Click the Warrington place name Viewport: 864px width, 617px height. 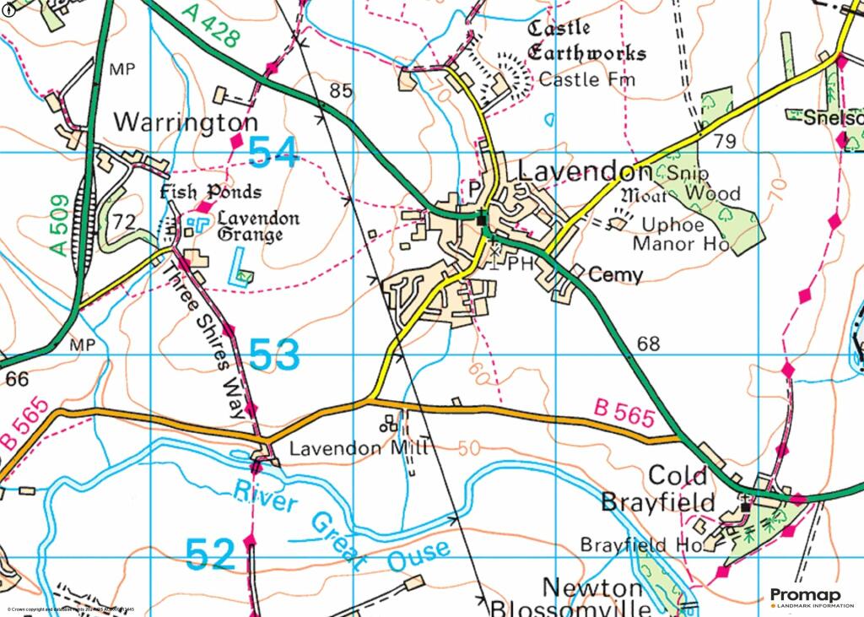pyautogui.click(x=186, y=122)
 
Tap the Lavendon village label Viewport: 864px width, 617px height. pyautogui.click(x=585, y=171)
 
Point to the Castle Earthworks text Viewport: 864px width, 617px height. pyautogui.click(x=586, y=41)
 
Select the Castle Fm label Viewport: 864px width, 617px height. pyautogui.click(x=586, y=80)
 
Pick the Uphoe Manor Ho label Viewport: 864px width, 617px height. pyautogui.click(x=683, y=235)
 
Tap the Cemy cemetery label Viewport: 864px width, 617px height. pyautogui.click(x=615, y=275)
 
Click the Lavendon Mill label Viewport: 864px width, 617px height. pyautogui.click(x=359, y=449)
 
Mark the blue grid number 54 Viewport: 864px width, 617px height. pyautogui.click(x=273, y=153)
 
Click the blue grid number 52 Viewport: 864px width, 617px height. pyautogui.click(x=210, y=555)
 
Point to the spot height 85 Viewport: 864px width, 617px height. pyautogui.click(x=340, y=90)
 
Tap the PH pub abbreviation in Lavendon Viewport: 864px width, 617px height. pyautogui.click(x=522, y=263)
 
